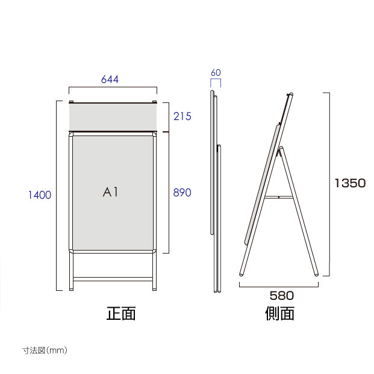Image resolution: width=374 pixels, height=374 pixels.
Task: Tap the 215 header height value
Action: [182, 117]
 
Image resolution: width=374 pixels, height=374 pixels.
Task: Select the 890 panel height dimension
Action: [182, 193]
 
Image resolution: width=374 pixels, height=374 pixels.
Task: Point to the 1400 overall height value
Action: [40, 195]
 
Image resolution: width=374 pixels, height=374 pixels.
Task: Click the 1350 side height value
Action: [350, 184]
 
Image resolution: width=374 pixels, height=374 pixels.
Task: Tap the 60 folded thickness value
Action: [216, 73]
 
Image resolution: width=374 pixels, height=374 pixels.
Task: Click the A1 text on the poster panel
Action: [112, 193]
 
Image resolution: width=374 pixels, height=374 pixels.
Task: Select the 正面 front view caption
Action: [121, 313]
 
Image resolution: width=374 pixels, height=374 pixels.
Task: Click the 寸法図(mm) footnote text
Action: [45, 350]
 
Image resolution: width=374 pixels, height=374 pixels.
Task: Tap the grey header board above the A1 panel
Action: [113, 117]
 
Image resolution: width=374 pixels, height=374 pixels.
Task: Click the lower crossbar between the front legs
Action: [113, 279]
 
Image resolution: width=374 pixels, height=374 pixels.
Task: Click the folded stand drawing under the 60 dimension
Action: [216, 193]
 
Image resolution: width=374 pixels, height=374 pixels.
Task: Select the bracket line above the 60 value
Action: [216, 80]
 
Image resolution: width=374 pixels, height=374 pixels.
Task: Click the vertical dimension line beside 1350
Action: [329, 184]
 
